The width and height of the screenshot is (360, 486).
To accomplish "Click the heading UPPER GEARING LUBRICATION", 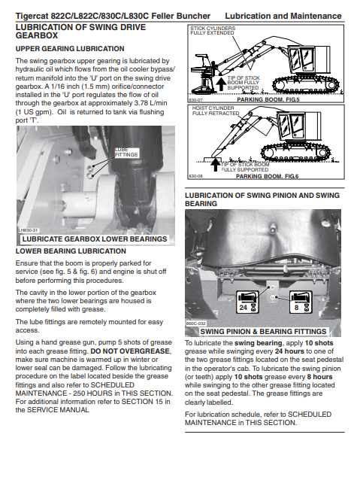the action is pos(70,49).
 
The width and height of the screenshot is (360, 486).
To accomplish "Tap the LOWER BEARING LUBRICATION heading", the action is pos(71,251).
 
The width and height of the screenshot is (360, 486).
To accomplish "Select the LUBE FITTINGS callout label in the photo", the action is pos(126,152).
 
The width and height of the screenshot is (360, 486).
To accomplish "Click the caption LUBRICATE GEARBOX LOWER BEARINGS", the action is pos(95,239).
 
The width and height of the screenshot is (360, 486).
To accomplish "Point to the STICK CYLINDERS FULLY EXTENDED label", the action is pos(213,30).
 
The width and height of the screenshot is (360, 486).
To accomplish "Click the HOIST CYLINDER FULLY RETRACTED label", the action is pos(216,111).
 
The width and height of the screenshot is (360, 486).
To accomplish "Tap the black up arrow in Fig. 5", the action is pos(221,84).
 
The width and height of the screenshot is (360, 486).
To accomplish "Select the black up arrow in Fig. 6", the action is pos(216,165).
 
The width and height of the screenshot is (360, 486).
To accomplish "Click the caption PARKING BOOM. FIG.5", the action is pos(268,99).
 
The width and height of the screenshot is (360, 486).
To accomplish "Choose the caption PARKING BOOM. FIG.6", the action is pos(267,176).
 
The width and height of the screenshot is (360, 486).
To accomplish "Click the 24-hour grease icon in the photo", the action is pos(247,302).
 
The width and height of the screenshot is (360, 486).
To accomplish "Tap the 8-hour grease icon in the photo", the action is pos(301,302).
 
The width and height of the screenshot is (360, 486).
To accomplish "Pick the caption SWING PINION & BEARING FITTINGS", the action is pos(263,331).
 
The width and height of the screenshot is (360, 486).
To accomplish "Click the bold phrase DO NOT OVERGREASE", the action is pos(130,351).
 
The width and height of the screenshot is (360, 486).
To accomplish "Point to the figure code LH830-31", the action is pos(28,231).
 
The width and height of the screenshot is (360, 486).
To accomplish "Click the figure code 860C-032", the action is pos(195,323).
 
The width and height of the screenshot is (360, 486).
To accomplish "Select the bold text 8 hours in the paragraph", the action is pos(319,377).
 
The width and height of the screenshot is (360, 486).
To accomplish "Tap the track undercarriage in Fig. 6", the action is pos(295,151).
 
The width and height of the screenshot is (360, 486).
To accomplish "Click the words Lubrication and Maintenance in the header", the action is pos(283,16).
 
